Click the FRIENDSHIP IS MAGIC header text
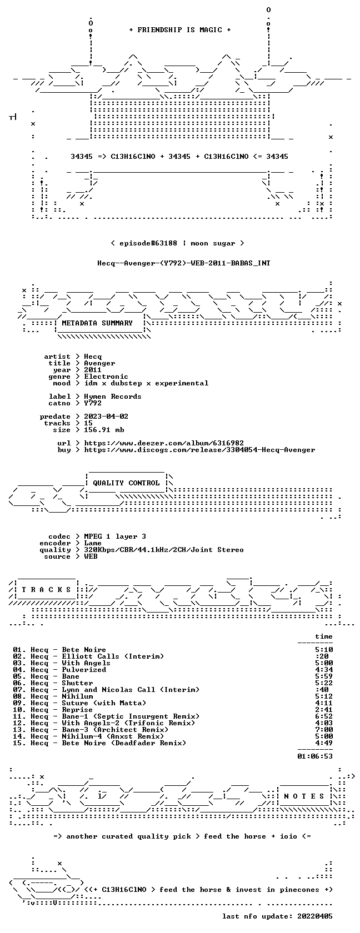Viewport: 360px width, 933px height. [x=180, y=30]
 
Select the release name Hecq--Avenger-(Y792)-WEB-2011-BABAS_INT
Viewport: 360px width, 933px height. [x=184, y=263]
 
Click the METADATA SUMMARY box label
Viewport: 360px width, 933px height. [x=97, y=323]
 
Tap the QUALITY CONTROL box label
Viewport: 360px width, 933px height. [x=126, y=483]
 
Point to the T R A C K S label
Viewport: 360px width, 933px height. [x=46, y=590]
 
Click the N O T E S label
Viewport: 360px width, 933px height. [x=304, y=796]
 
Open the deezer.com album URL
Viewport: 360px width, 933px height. [x=164, y=443]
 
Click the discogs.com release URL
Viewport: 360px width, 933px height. [x=199, y=450]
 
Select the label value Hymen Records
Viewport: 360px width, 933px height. [x=112, y=397]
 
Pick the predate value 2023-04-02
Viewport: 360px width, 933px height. [x=106, y=417]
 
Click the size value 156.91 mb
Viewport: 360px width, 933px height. [x=104, y=430]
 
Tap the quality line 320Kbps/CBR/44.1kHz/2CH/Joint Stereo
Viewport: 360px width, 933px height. [x=164, y=550]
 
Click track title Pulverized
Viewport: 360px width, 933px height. [x=84, y=670]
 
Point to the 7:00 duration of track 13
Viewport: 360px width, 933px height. [x=324, y=730]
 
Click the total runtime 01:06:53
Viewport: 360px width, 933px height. [x=315, y=756]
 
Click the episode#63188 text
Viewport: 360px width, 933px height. [x=148, y=243]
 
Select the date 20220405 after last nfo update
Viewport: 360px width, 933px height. [x=315, y=916]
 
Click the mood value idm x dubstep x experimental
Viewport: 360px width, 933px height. [x=146, y=383]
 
